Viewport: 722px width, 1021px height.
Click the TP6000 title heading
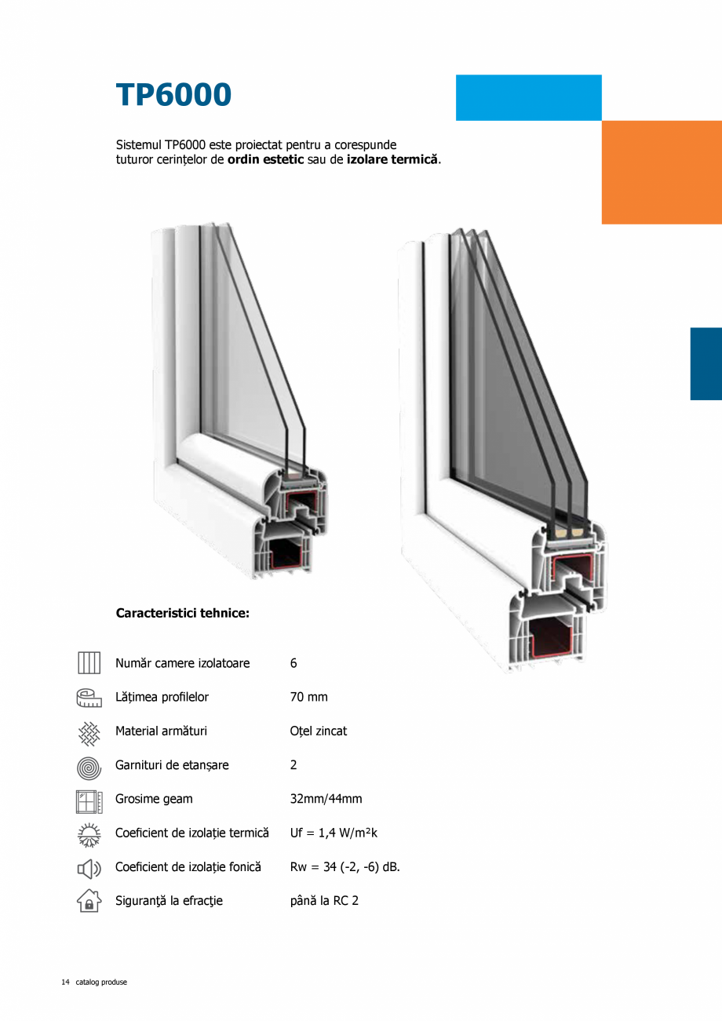pos(173,95)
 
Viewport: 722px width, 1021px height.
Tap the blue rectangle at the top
pos(528,97)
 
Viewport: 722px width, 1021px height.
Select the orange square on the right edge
pos(662,172)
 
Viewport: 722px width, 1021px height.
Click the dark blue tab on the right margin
pos(706,363)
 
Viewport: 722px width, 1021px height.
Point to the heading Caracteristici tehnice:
pos(182,613)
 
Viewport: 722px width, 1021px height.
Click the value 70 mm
pos(308,697)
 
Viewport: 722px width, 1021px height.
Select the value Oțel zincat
pos(318,731)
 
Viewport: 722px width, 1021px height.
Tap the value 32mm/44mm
pos(326,799)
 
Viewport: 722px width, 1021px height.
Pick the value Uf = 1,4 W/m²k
pos(334,833)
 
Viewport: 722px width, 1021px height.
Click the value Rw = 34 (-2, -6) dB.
pos(345,867)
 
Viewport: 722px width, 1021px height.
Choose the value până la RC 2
pos(324,901)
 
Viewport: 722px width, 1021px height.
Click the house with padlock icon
pos(89,901)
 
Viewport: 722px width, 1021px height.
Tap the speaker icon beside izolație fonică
pos(89,868)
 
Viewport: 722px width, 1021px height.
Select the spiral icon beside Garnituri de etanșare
pos(89,766)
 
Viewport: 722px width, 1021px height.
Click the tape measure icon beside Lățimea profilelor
pos(89,698)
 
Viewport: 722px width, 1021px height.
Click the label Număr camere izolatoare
pos(182,663)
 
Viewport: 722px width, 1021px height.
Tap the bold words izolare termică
pos(392,159)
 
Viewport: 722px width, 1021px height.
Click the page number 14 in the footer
pos(65,982)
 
